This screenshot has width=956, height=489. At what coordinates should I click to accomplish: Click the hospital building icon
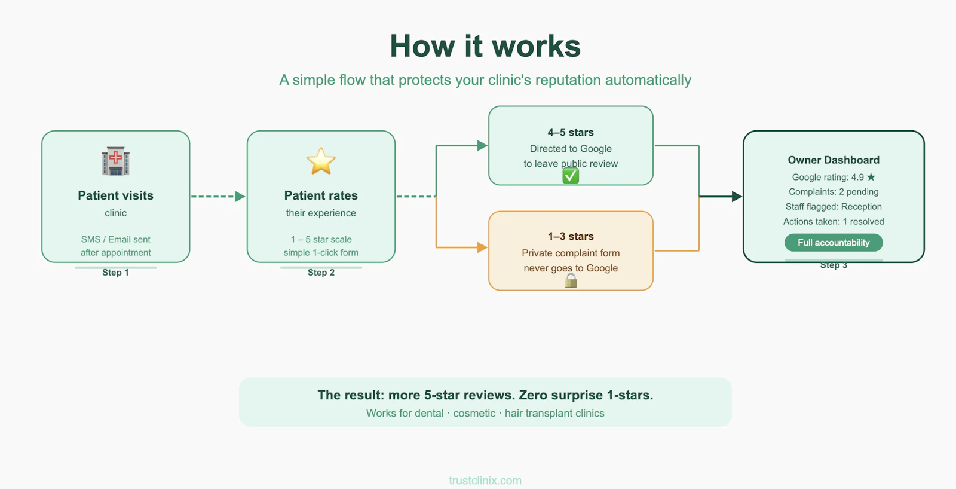tap(116, 161)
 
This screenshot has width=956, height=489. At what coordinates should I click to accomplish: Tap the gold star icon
tap(321, 161)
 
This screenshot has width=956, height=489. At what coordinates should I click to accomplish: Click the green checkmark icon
tap(571, 176)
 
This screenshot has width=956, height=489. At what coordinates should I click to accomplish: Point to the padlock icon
tap(571, 280)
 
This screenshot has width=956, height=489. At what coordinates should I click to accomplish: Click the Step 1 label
tap(115, 273)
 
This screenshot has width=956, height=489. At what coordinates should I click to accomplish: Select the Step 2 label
tap(321, 273)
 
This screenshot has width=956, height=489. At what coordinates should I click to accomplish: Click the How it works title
tap(485, 45)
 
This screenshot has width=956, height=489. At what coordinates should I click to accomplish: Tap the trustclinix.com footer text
tap(485, 481)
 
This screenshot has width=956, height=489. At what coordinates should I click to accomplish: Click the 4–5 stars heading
tap(571, 132)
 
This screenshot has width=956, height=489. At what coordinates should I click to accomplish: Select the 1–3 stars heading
tap(571, 236)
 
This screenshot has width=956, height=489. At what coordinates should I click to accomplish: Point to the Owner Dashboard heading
tap(834, 160)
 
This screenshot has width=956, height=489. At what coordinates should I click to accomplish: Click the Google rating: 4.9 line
tap(834, 177)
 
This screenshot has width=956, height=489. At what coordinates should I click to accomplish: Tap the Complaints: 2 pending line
tap(834, 192)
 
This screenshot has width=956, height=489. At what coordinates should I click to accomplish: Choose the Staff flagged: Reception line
tap(834, 207)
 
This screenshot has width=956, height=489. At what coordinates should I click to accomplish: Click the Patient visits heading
tap(116, 195)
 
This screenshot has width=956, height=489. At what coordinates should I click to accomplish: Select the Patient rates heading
tap(321, 195)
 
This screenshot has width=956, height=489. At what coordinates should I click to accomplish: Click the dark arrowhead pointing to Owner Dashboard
tap(737, 197)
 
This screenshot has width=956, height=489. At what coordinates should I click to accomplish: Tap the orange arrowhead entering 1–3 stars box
tap(482, 247)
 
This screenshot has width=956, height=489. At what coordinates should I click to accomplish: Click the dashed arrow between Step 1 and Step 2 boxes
tap(218, 197)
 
